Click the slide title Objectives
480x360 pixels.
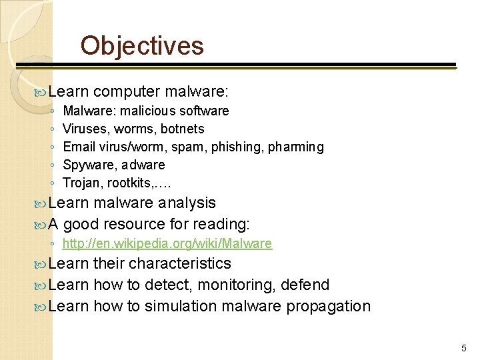(x=142, y=45)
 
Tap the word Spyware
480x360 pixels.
(x=85, y=165)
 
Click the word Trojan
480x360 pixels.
(x=79, y=183)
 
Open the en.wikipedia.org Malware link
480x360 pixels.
(x=167, y=244)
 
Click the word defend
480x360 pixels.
(x=305, y=285)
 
